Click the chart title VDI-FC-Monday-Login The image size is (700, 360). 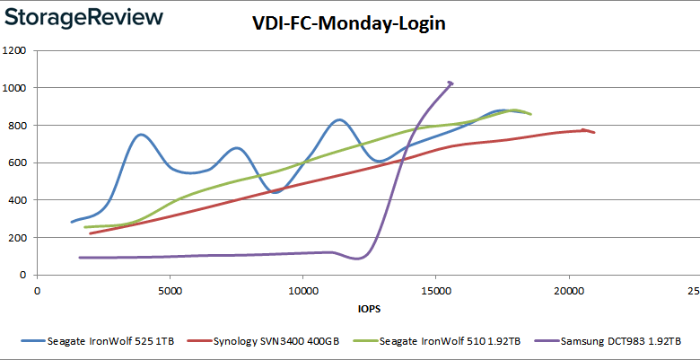click(348, 24)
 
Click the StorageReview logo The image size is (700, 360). click(86, 18)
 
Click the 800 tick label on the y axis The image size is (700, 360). click(16, 126)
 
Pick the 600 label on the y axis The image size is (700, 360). click(16, 162)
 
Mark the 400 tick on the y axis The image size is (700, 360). click(16, 200)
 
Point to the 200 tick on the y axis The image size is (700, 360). click(16, 238)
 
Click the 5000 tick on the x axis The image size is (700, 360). click(170, 291)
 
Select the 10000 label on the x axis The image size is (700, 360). click(302, 291)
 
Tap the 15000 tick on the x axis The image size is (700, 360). click(435, 291)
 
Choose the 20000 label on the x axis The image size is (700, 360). click(568, 291)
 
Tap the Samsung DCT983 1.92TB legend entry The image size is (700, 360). click(620, 341)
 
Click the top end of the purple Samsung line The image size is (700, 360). click(451, 83)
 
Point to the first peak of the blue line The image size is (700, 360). click(141, 135)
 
